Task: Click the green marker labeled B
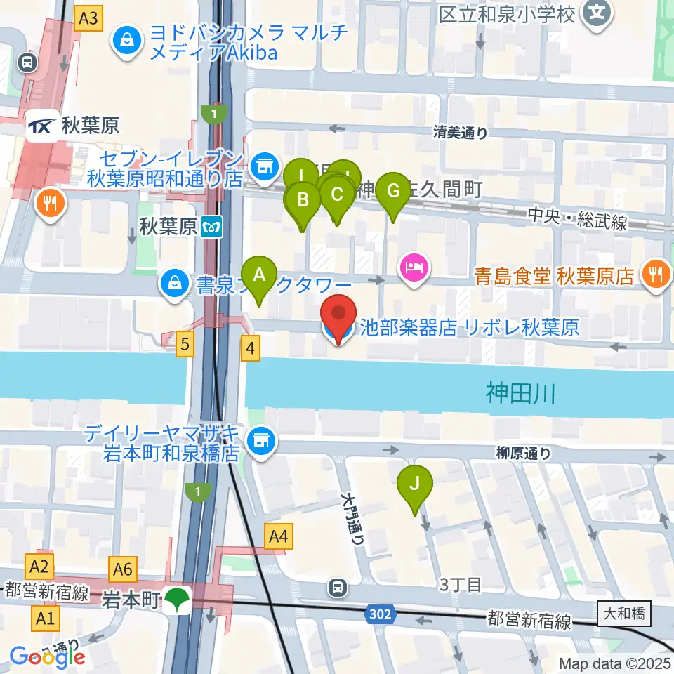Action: coord(303,201)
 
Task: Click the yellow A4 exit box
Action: coord(279,538)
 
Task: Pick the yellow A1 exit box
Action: coord(46,619)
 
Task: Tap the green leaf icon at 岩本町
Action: coord(178,600)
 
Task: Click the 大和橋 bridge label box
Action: coord(624,614)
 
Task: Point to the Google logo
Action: coord(48,657)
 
